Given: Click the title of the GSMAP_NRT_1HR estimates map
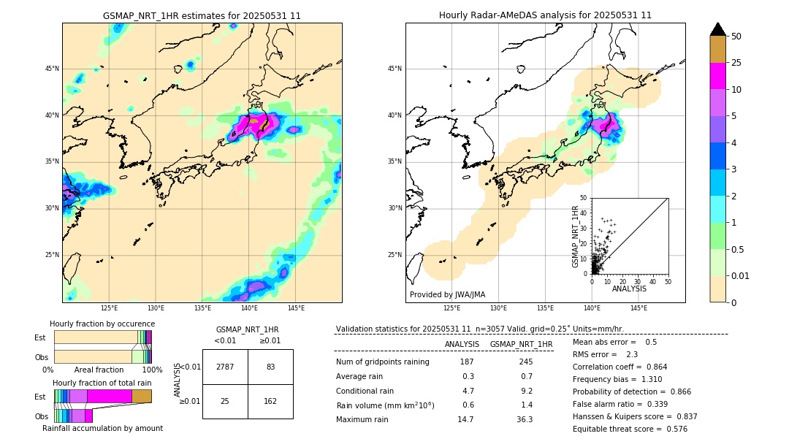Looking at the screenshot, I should coord(202,15).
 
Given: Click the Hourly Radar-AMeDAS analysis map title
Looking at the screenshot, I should coord(545,15).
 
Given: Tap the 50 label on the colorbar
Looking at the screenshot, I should coord(736,37).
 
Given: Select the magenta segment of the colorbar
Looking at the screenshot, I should coord(718,76).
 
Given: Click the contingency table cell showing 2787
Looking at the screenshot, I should coord(225,367).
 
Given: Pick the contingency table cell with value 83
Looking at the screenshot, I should coord(270,367).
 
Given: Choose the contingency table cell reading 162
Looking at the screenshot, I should coord(270,402).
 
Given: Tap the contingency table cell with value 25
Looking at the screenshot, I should coord(225,402).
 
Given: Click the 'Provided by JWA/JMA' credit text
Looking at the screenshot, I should coord(447,294).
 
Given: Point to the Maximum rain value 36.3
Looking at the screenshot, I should coord(525,419).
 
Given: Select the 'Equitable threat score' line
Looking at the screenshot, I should coord(630,429).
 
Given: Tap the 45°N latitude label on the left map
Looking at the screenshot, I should coord(52,69).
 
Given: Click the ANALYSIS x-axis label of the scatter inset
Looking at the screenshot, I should coord(629,289).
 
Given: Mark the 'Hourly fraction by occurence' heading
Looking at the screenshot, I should coord(102,324).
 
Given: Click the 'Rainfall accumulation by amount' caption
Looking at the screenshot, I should coord(102,428).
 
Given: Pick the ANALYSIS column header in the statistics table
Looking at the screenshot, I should coord(462,344).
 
